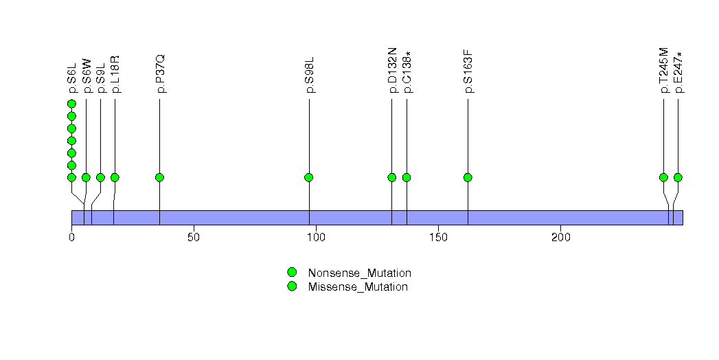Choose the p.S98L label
pyautogui.click(x=310, y=77)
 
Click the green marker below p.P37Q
pyautogui.click(x=160, y=177)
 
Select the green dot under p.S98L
pyautogui.click(x=309, y=177)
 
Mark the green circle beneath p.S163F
pyautogui.click(x=468, y=177)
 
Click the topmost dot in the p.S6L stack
pyautogui.click(x=71, y=104)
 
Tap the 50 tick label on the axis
pyautogui.click(x=194, y=238)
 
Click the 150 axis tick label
pyautogui.click(x=438, y=238)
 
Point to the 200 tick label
pyautogui.click(x=560, y=238)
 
